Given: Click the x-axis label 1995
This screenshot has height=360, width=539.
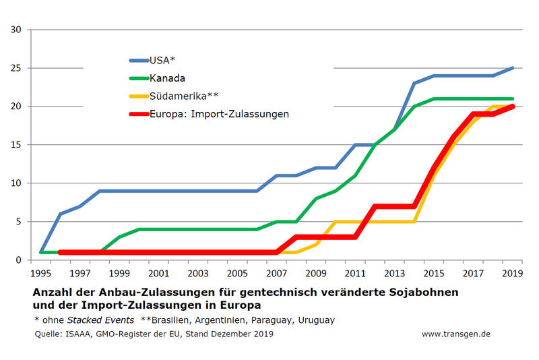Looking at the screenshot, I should pyautogui.click(x=41, y=273).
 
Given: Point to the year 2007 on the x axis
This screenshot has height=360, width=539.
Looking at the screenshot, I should pyautogui.click(x=277, y=273).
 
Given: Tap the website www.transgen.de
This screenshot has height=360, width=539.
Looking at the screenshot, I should pyautogui.click(x=456, y=334).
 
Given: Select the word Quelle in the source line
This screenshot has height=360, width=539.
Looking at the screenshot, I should pyautogui.click(x=48, y=334).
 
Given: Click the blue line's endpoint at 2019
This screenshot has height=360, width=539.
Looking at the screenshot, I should pyautogui.click(x=513, y=68).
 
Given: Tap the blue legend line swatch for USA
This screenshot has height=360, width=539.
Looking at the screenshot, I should pyautogui.click(x=139, y=59).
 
